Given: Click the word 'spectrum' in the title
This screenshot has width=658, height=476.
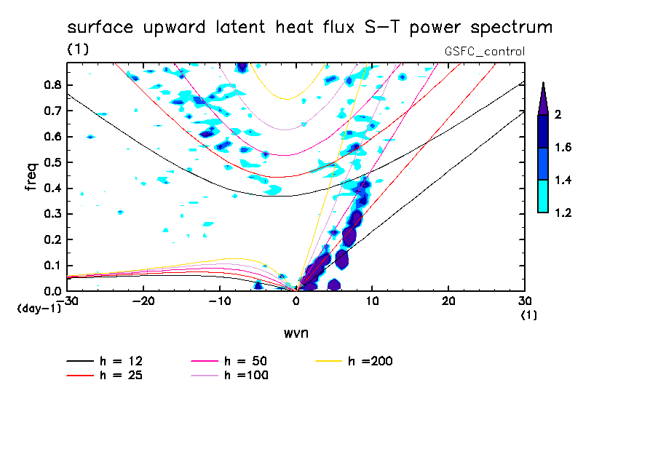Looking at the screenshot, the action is click(511, 28).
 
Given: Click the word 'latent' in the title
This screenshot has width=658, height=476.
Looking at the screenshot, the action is click(240, 27).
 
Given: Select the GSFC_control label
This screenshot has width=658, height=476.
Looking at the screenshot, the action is click(485, 52).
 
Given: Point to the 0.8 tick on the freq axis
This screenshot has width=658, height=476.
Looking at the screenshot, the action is click(52, 85).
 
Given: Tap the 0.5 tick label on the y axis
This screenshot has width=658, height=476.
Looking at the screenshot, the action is click(52, 162).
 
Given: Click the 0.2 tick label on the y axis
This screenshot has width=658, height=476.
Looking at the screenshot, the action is click(52, 239).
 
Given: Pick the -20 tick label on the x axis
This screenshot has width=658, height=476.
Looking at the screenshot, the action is click(143, 301).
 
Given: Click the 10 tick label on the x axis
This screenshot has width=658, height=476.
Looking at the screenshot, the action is click(372, 301).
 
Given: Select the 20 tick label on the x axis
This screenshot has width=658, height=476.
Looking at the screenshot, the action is click(448, 301).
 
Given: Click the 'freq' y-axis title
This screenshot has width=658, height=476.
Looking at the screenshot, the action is click(31, 177).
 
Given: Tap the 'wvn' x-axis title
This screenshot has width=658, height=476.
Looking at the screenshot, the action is click(296, 333).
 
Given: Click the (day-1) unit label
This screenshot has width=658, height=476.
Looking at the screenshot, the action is click(39, 309).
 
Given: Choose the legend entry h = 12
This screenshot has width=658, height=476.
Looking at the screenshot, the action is click(105, 361).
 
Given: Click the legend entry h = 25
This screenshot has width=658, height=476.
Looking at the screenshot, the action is click(105, 376).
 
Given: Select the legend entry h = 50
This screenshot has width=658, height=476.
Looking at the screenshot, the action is click(229, 361).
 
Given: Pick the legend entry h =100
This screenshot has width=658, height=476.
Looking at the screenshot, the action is click(229, 376).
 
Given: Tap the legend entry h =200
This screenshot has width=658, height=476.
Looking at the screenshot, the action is click(354, 361).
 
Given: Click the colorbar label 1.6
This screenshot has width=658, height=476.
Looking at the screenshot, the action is click(563, 147).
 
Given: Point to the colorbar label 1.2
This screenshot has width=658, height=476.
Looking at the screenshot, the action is click(563, 213).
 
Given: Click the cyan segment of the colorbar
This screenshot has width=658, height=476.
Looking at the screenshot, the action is click(543, 197).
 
